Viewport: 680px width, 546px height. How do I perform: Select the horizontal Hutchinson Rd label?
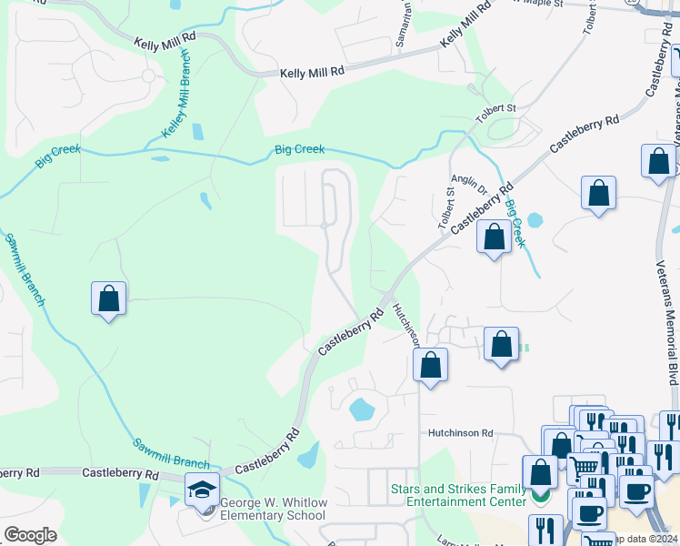[461, 434]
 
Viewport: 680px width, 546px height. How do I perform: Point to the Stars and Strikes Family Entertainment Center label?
[458, 495]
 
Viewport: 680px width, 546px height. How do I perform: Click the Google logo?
[29, 535]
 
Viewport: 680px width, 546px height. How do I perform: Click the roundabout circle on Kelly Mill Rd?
[148, 76]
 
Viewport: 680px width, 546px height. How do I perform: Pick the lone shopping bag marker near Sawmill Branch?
[108, 298]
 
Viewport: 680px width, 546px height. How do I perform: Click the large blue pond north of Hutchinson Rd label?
[362, 409]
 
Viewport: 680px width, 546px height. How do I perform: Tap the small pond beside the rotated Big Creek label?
[534, 219]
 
